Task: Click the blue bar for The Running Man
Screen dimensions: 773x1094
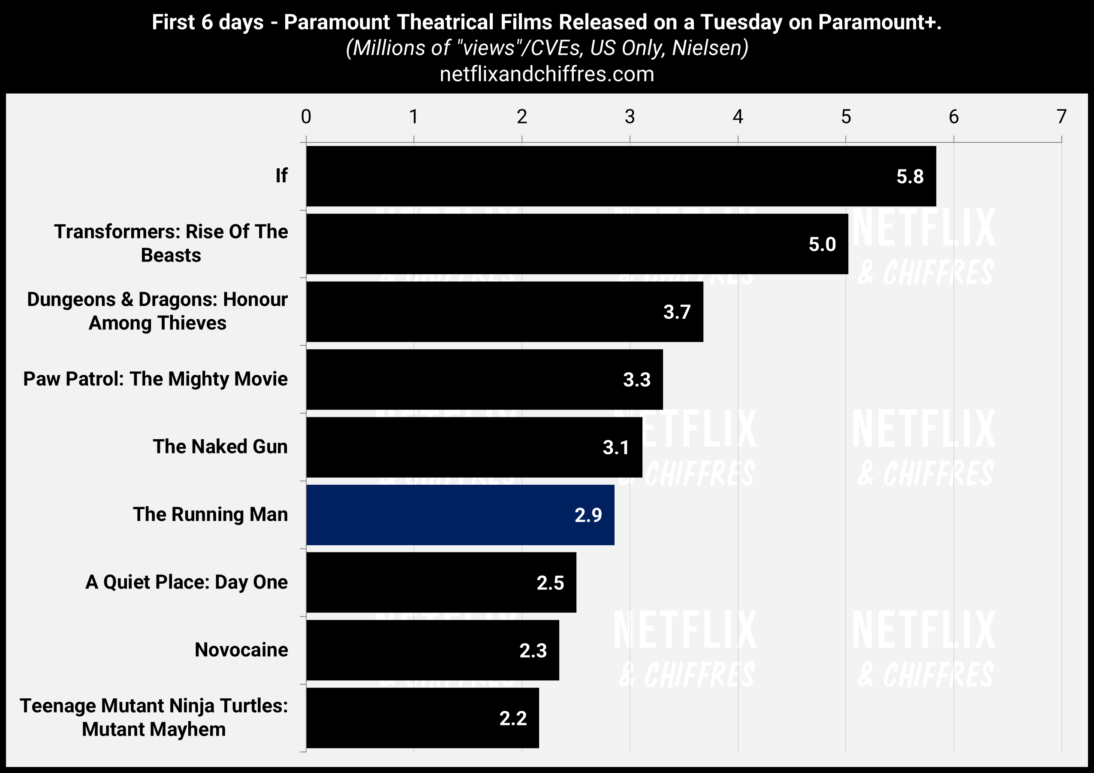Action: [460, 515]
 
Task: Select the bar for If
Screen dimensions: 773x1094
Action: [619, 176]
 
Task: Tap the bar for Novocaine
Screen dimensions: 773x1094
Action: [432, 650]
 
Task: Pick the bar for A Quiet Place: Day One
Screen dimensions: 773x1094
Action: [441, 583]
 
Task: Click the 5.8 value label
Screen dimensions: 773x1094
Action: [910, 177]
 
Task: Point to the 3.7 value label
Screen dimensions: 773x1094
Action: [677, 312]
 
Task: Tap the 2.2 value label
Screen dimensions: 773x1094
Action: [513, 718]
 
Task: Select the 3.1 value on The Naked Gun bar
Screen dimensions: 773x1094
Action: [615, 447]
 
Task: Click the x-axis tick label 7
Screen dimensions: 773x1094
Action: [1061, 117]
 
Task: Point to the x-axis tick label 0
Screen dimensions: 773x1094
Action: [306, 117]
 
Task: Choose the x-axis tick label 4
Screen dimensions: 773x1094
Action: [738, 117]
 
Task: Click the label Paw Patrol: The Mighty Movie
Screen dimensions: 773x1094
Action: [155, 379]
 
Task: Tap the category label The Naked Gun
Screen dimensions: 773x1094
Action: [220, 447]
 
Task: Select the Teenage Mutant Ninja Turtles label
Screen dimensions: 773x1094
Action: [154, 717]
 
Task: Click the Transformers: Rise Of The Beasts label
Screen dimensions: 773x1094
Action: [171, 244]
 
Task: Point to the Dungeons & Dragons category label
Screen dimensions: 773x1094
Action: [157, 311]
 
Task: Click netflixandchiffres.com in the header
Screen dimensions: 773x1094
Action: [546, 74]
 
